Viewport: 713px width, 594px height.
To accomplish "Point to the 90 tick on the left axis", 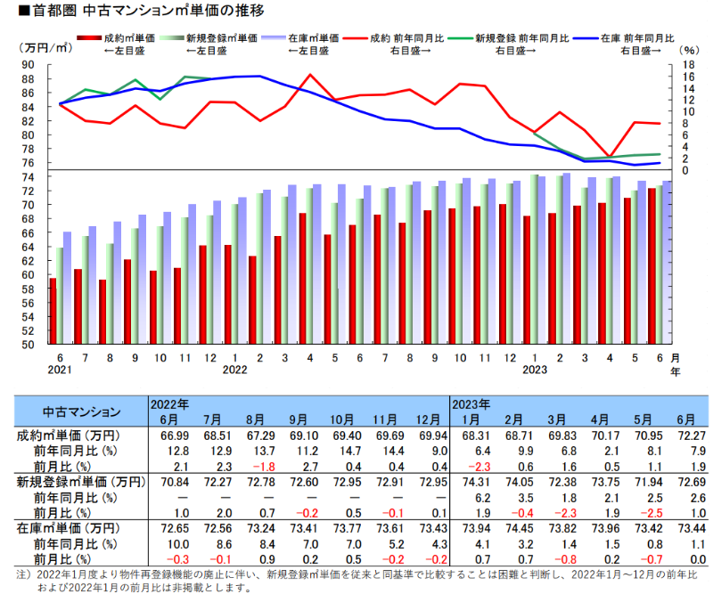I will coord(29,65).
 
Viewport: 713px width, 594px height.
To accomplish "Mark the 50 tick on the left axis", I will coord(29,345).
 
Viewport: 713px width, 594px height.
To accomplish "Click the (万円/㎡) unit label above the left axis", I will coord(43,47).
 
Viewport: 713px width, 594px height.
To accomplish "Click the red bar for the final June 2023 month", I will coord(652,266).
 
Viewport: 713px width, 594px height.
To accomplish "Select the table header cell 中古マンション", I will coord(82,411).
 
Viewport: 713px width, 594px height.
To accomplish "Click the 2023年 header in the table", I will coord(472,403).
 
